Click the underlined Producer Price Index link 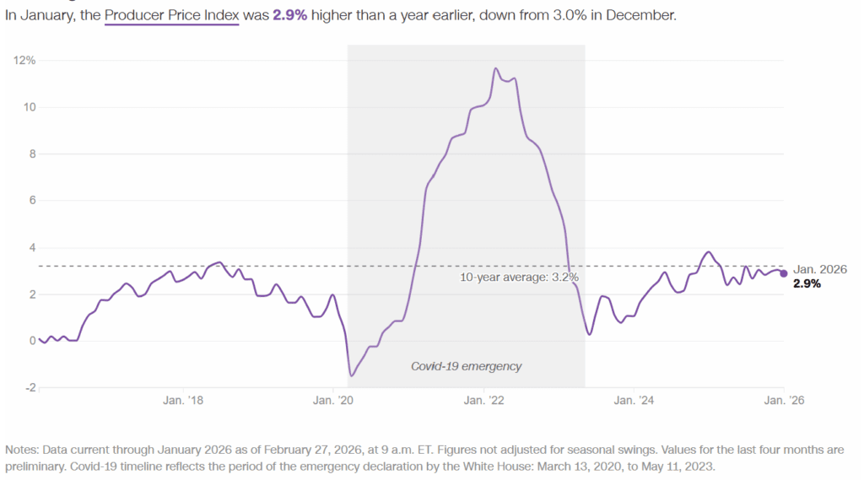172,15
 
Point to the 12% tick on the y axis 24,60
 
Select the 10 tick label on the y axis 27,107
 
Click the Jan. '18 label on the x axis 183,402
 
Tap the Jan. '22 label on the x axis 485,402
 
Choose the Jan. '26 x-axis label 784,402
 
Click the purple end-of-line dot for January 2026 784,272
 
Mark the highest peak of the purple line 496,68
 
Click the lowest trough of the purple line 351,375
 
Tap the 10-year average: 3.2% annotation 519,277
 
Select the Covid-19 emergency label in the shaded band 466,366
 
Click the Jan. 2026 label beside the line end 819,269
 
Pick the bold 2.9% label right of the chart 807,284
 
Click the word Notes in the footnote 21,450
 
